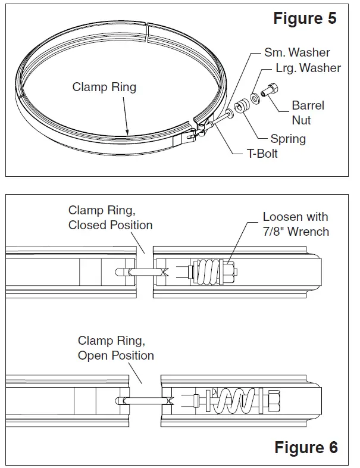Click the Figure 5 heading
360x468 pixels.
click(305, 18)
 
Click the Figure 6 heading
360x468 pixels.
click(306, 447)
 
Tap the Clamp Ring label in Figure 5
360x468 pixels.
click(104, 88)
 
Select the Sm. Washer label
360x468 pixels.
click(296, 52)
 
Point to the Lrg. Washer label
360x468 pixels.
click(308, 68)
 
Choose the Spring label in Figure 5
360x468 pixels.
click(288, 139)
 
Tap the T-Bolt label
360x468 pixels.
click(262, 154)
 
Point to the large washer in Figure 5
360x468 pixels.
click(254, 97)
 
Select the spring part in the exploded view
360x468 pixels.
click(241, 107)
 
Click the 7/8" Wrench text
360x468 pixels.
click(296, 232)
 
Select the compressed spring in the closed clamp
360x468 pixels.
click(210, 272)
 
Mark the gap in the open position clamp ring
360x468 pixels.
click(145, 398)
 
